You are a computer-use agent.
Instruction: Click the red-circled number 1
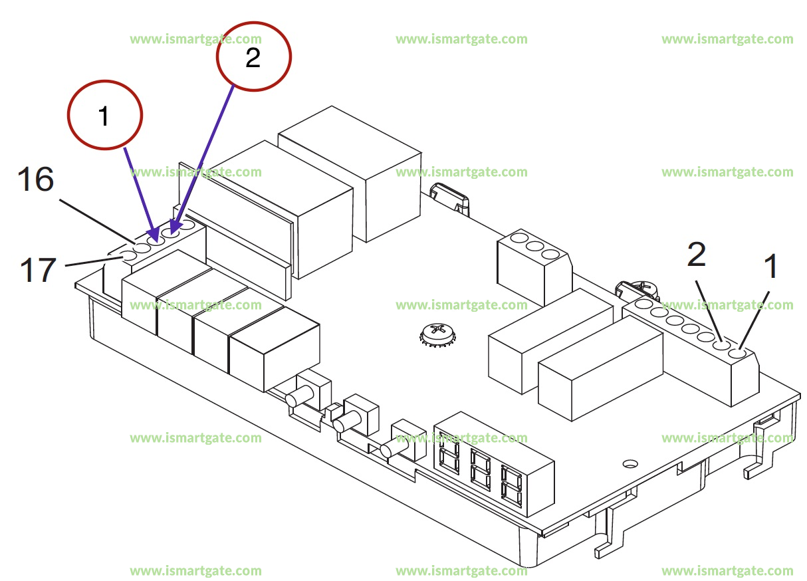pyautogui.click(x=104, y=116)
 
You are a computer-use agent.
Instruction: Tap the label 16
pyautogui.click(x=36, y=179)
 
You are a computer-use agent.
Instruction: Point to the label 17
pyautogui.click(x=37, y=270)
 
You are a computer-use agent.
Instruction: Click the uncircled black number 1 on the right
pyautogui.click(x=770, y=267)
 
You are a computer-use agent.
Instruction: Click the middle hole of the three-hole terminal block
pyautogui.click(x=534, y=246)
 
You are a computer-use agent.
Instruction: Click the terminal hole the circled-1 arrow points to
pyautogui.click(x=157, y=237)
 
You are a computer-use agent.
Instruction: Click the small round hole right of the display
pyautogui.click(x=629, y=463)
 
